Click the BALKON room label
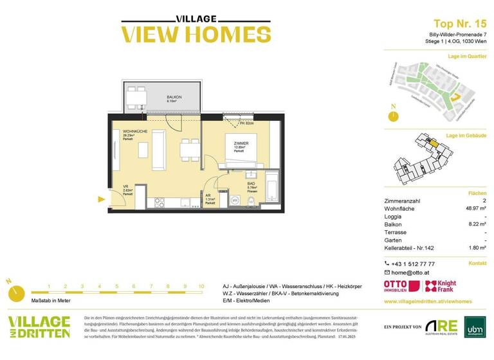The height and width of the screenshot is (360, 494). tap(174, 97)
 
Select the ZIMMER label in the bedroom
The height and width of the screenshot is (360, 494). tap(240, 143)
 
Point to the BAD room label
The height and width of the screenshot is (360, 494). tap(251, 184)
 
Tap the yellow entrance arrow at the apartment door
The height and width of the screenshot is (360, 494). tap(101, 199)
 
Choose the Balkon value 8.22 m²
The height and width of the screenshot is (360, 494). tap(475, 225)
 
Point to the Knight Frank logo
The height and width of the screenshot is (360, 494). tap(441, 287)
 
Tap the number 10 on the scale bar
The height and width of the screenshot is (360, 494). tap(201, 286)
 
